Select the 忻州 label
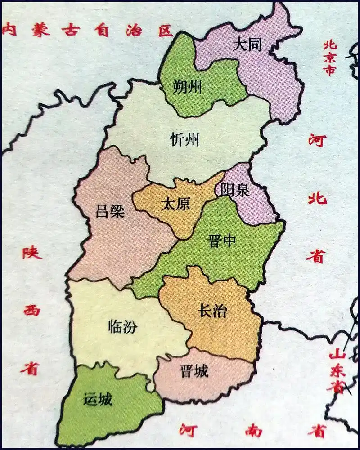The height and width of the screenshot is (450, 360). point(184,140)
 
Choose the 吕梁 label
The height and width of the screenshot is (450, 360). point(110,210)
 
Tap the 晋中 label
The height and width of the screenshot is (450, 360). point(222,241)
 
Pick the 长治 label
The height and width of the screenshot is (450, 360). point(212,311)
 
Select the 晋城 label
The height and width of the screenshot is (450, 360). point(194,371)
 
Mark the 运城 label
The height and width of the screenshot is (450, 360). point(98,399)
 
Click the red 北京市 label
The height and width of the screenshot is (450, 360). point(330,58)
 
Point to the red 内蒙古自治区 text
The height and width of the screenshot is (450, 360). point(87,30)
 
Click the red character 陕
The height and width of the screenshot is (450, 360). point(32,252)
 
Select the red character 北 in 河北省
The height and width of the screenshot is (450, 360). point(318,198)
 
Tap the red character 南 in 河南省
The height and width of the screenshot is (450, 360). point(254,431)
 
